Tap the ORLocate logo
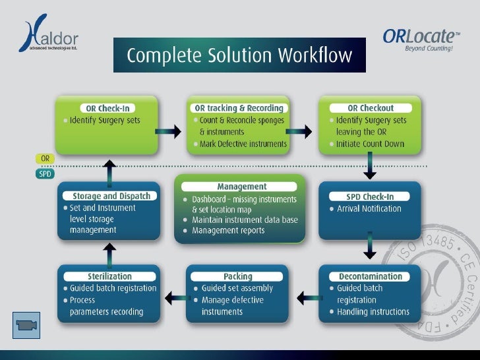[x=421, y=39]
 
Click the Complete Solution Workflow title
[x=239, y=55]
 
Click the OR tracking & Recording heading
[x=239, y=108]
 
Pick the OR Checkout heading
[x=371, y=108]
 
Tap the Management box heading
[x=241, y=187]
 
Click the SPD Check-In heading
[x=371, y=196]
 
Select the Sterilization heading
[x=109, y=276]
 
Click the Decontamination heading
[x=371, y=276]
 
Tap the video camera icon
[x=27, y=325]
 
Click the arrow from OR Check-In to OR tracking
[x=170, y=132]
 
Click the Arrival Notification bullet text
[x=369, y=209]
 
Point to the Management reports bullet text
[x=228, y=231]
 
